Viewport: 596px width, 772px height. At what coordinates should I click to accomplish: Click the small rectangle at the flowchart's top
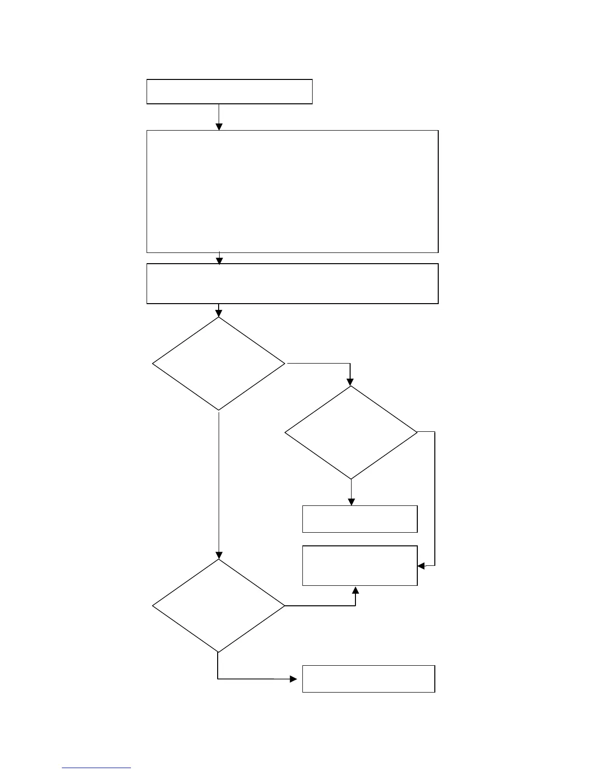coord(229,92)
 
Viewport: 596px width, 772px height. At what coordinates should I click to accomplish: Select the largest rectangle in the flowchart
coord(292,191)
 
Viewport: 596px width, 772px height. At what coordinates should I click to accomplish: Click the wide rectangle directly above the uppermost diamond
coord(292,284)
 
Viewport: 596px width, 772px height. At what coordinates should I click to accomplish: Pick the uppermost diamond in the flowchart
coord(219,364)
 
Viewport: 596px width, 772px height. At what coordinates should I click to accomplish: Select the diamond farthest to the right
coord(351,433)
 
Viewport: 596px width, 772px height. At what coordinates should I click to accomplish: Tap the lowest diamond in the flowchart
coord(219,606)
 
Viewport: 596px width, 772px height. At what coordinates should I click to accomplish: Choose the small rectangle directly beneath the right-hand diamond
coord(360,519)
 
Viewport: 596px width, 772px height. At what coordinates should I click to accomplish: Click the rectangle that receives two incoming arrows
coord(360,565)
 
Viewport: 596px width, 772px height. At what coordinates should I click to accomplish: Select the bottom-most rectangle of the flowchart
coord(369,678)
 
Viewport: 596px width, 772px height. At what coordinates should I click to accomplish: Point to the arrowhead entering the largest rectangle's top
coord(219,127)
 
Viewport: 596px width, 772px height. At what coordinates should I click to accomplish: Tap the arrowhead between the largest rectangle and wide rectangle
coord(220,261)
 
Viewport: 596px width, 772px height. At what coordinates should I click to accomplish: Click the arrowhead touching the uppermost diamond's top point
coord(219,313)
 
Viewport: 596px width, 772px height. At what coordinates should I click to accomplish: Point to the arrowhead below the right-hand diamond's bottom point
coord(351,502)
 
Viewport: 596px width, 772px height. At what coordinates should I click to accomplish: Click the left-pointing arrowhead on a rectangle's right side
coord(422,566)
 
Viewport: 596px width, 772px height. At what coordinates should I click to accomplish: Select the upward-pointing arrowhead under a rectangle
coord(355,590)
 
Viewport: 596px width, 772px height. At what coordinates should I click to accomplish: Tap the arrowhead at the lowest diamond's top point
coord(219,555)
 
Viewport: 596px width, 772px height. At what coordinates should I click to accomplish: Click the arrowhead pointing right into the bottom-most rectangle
coord(294,678)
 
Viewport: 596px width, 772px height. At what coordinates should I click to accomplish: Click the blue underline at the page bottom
coord(96,768)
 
